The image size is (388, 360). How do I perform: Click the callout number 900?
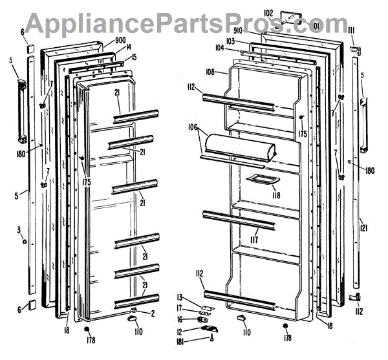pyautogui.click(x=120, y=41)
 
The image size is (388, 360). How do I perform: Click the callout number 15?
pyautogui.click(x=134, y=58)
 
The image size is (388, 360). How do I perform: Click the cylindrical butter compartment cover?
pyautogui.click(x=237, y=147)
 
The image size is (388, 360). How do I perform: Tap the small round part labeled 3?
pyautogui.click(x=24, y=242)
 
